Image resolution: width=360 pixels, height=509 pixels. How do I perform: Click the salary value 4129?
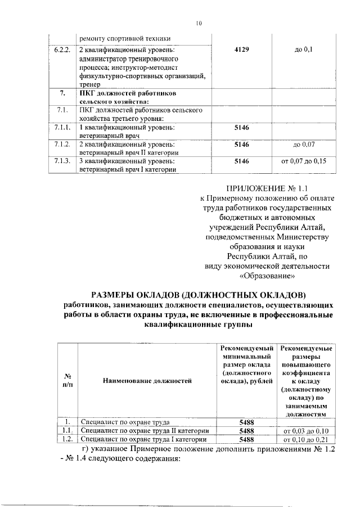(241, 51)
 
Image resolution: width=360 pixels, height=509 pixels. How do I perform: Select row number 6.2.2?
(62, 51)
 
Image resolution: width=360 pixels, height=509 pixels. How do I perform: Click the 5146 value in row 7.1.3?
(241, 161)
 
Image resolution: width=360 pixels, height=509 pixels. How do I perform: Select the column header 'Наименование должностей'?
(147, 381)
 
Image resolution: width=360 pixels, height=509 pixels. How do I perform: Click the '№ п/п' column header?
(67, 381)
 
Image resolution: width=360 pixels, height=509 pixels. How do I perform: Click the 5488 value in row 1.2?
(246, 439)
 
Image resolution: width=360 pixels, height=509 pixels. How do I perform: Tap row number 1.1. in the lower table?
(67, 430)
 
